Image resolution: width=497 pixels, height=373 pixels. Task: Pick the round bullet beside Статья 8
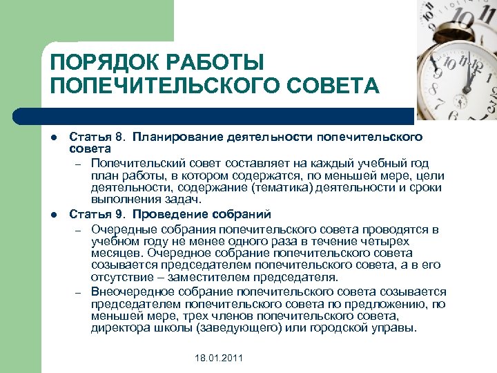pos(55,138)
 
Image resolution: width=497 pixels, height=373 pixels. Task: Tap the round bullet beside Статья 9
pos(55,214)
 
